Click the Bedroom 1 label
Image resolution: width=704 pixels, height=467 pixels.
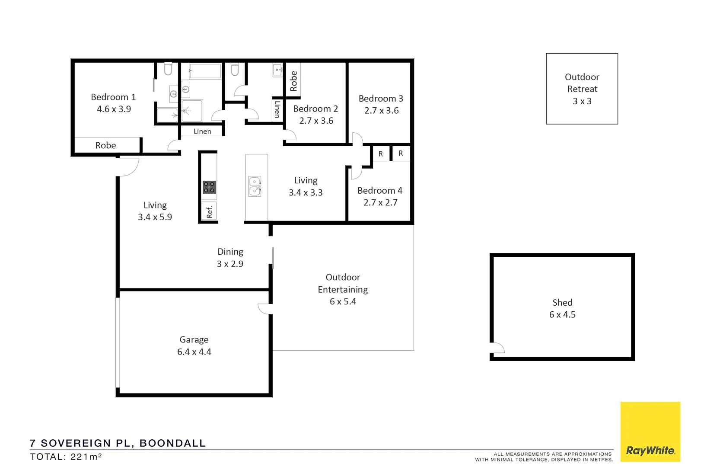coord(113,97)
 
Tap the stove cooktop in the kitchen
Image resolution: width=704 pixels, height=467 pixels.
coord(209,187)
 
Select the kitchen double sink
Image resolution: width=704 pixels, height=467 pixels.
coord(255,186)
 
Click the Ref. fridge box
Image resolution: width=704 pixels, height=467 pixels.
coord(210,211)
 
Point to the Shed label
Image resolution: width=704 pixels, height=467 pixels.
coord(562,303)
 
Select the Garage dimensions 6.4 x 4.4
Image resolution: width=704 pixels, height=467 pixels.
coord(194,352)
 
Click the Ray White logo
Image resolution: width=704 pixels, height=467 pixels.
coord(650,450)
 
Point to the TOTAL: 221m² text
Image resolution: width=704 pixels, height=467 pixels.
coord(66,457)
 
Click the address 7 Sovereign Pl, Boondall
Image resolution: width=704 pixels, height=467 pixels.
coord(118,443)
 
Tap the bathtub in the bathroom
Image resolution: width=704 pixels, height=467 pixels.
coord(205,70)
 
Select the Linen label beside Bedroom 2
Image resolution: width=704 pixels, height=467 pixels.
coord(277,109)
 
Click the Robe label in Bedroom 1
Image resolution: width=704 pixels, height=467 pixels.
coord(105,146)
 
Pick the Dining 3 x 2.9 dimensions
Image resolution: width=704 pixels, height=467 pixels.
coord(230,264)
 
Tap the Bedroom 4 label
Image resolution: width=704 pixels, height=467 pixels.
coord(380,191)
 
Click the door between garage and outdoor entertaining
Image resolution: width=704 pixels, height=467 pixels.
coord(265,309)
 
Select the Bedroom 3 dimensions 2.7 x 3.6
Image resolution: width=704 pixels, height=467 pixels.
coord(381,111)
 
